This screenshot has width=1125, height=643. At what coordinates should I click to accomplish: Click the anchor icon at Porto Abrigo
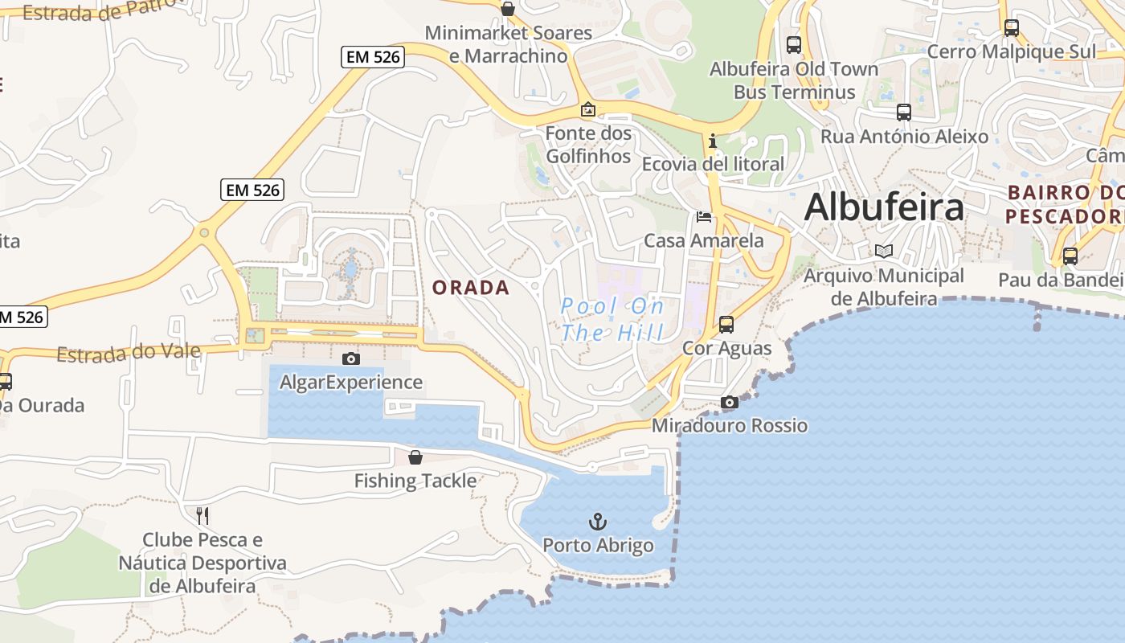pyautogui.click(x=597, y=522)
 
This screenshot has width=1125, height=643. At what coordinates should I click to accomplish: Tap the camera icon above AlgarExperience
pyautogui.click(x=350, y=358)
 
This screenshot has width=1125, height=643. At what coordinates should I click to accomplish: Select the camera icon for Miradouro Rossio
pyautogui.click(x=730, y=402)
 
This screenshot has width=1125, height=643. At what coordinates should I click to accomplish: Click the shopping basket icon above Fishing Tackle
pyautogui.click(x=415, y=457)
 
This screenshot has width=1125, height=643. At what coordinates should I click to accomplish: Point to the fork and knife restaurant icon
pyautogui.click(x=202, y=514)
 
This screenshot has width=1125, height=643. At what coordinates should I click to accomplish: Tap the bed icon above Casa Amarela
pyautogui.click(x=704, y=217)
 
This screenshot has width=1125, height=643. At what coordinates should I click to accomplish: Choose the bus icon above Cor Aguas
pyautogui.click(x=726, y=325)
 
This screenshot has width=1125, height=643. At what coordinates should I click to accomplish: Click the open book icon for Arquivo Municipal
pyautogui.click(x=884, y=252)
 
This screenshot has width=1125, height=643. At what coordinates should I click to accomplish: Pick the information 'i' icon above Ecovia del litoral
pyautogui.click(x=712, y=141)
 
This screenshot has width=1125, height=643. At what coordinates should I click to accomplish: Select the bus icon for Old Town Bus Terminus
pyautogui.click(x=794, y=45)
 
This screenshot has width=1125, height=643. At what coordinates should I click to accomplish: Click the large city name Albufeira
pyautogui.click(x=884, y=207)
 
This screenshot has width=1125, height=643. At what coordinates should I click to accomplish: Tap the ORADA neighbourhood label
pyautogui.click(x=471, y=288)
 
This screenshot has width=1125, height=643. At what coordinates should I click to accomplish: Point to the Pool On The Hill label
pyautogui.click(x=612, y=319)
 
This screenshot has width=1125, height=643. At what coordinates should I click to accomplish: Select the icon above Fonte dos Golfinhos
pyautogui.click(x=588, y=109)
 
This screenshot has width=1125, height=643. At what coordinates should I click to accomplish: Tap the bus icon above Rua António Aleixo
pyautogui.click(x=904, y=113)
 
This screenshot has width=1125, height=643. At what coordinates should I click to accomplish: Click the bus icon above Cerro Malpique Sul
pyautogui.click(x=1012, y=28)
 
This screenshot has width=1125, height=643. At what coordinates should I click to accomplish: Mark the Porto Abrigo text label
pyautogui.click(x=598, y=546)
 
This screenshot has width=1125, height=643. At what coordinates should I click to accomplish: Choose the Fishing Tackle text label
pyautogui.click(x=415, y=481)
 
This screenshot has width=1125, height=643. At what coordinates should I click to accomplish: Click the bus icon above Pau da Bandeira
pyautogui.click(x=1070, y=256)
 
